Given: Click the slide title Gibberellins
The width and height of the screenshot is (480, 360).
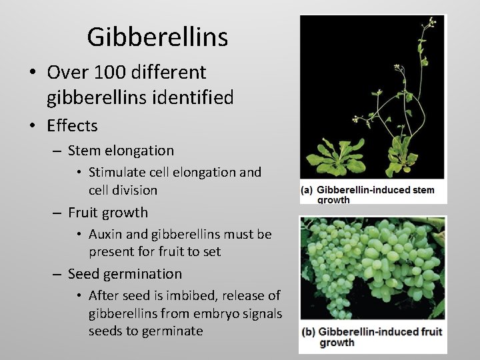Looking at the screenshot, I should pos(157,37).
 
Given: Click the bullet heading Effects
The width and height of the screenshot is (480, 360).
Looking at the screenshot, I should pos(72,125).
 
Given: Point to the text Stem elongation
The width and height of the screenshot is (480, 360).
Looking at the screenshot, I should pos(121,151).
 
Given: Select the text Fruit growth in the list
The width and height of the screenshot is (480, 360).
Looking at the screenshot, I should pos(108,213).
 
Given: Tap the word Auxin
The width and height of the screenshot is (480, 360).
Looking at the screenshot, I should pos(105,234).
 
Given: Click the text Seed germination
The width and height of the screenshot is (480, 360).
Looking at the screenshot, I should pos(125,274).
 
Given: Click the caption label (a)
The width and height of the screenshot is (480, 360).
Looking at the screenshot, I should pos(307,190).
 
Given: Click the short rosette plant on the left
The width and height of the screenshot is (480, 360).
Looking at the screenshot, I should pos(334,157).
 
